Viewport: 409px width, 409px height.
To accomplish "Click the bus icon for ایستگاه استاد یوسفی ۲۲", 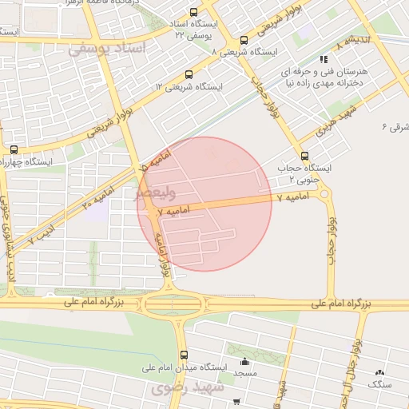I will click(x=194, y=13).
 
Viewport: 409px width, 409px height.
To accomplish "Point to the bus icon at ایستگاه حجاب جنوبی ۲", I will click(x=304, y=156).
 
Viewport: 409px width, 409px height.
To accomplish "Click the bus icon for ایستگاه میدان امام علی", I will click(x=185, y=355).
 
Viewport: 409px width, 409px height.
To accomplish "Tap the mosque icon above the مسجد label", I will click(x=244, y=359).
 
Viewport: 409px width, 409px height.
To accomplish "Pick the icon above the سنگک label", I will click(x=379, y=372).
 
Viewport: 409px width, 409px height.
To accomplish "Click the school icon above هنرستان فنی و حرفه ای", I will click(x=323, y=59).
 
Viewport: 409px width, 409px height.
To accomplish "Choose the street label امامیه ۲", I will click(x=97, y=197).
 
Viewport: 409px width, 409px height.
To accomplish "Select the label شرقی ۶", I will click(x=395, y=126).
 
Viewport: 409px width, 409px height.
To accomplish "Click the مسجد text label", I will click(x=244, y=374).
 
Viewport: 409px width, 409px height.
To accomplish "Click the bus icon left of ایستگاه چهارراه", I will click(x=14, y=149).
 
